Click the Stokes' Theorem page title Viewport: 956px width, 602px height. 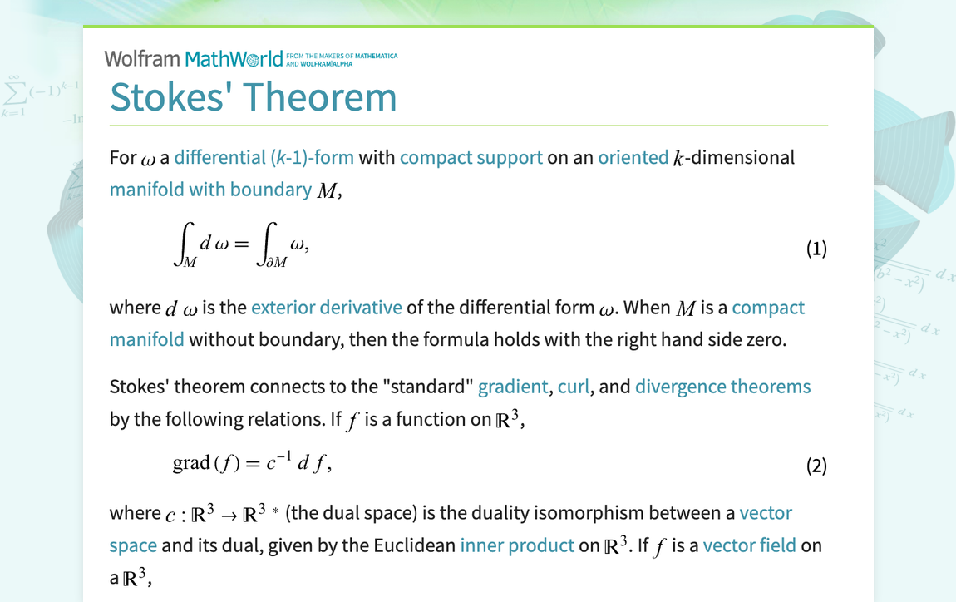click(253, 96)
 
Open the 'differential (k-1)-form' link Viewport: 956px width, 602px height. click(264, 157)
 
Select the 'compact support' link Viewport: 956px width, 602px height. click(471, 157)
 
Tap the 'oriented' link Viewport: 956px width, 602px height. click(633, 157)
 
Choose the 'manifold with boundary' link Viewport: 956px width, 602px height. click(210, 190)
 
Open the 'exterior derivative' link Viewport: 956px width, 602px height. click(326, 308)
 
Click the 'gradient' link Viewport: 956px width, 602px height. click(512, 387)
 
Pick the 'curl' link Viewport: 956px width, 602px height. click(573, 387)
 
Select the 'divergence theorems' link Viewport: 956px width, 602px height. click(722, 387)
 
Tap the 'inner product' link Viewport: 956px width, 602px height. click(517, 545)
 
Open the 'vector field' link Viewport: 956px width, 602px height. click(749, 545)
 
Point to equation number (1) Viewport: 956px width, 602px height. click(816, 249)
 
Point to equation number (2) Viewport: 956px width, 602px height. click(816, 466)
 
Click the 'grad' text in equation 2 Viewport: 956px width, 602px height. click(190, 463)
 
